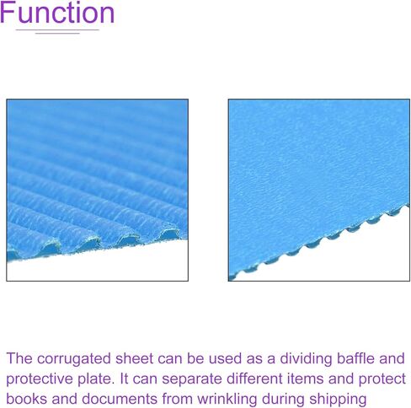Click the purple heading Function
tap(57, 13)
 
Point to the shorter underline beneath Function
tap(57, 34)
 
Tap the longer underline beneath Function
tap(57, 30)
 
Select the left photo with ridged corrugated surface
tap(97, 190)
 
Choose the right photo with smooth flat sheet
tap(319, 190)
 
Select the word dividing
tap(306, 359)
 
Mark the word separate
tap(192, 379)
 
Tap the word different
tap(254, 378)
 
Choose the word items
tap(305, 378)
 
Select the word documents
tap(120, 399)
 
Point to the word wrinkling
tap(227, 400)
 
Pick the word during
tap(283, 400)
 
